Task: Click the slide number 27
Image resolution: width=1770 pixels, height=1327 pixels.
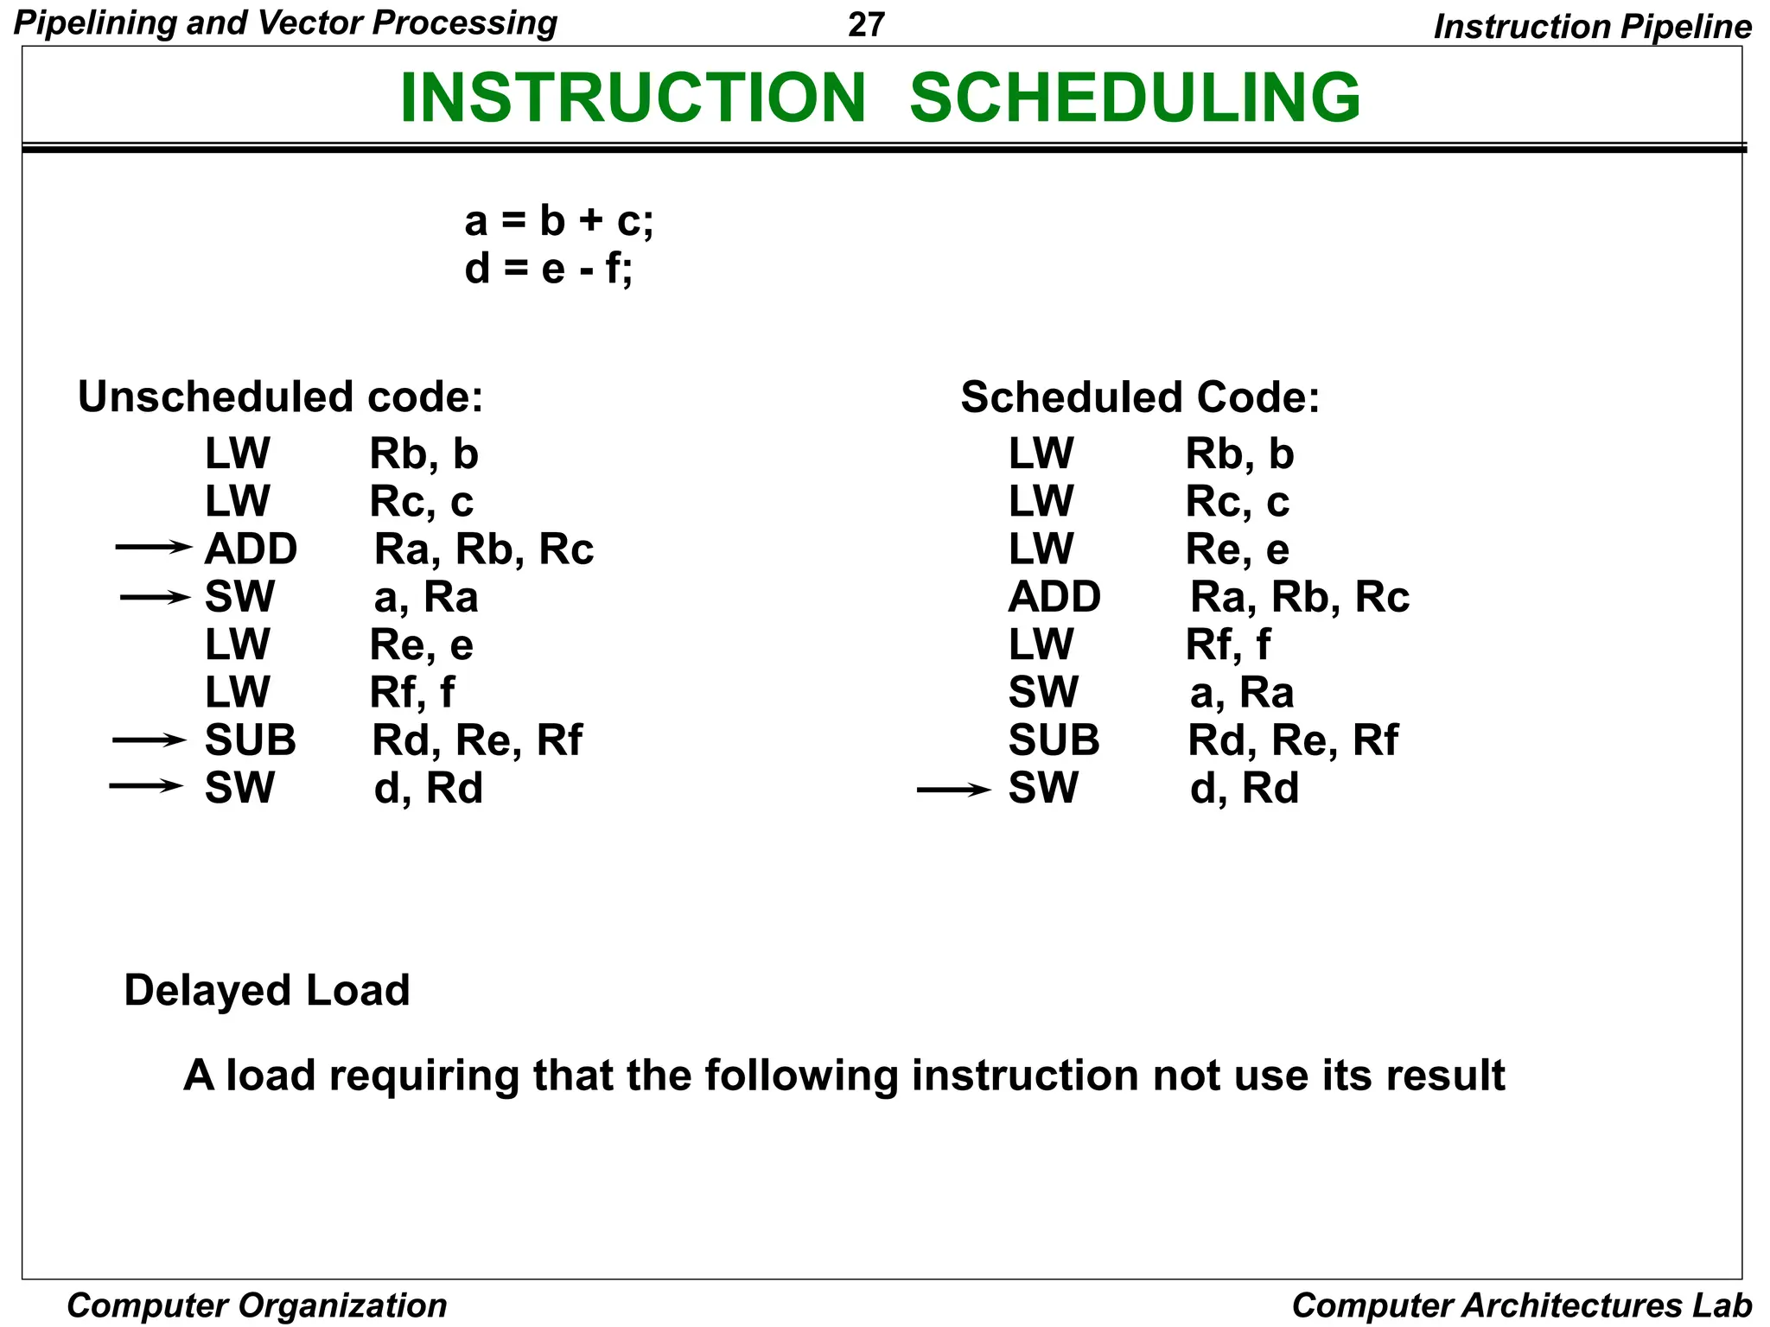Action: [x=866, y=24]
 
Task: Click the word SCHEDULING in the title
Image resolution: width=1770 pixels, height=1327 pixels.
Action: [x=1135, y=97]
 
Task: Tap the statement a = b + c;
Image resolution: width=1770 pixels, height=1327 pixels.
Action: [x=559, y=220]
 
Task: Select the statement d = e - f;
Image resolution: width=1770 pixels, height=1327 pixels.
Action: [x=548, y=269]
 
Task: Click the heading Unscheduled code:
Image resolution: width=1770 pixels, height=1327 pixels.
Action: [x=280, y=397]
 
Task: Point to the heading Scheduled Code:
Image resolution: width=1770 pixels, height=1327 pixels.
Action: [x=1140, y=397]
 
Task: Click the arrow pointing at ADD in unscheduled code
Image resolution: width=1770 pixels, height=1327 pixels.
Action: [x=153, y=547]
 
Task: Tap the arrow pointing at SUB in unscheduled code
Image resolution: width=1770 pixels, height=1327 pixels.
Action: [x=149, y=740]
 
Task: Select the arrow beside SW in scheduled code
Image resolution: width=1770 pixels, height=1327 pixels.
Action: [x=953, y=789]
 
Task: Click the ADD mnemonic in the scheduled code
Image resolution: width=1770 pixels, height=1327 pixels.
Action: [x=1054, y=597]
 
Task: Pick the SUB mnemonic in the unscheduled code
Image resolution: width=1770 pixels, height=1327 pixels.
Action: [x=250, y=740]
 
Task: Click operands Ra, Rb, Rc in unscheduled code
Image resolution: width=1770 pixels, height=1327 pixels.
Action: [x=483, y=549]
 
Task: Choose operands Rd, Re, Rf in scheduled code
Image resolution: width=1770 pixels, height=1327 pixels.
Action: [x=1292, y=740]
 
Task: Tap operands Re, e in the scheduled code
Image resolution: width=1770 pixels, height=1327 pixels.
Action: [x=1237, y=549]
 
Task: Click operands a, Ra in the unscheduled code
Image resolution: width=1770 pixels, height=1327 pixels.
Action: [x=425, y=598]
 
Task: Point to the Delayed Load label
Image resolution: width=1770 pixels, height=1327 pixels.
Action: [x=266, y=990]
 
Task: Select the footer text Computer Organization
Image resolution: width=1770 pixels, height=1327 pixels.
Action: [x=257, y=1305]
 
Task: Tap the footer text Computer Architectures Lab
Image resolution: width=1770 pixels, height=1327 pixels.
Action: [x=1521, y=1305]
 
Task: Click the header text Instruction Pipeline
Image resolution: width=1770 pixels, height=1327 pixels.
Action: [x=1592, y=27]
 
